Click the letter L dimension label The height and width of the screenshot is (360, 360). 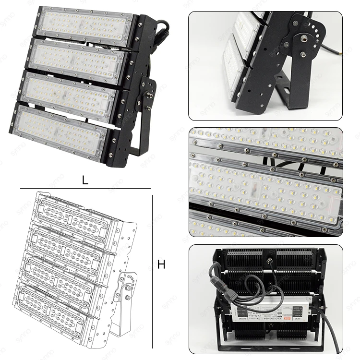[x=85, y=180]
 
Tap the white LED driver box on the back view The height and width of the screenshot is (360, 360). [x=267, y=312]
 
